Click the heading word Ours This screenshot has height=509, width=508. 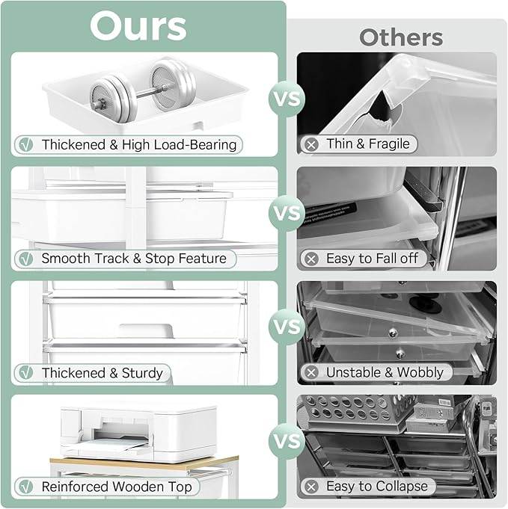pyautogui.click(x=138, y=26)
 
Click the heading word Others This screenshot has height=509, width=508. pyautogui.click(x=401, y=37)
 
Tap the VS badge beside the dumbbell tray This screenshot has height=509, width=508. pyautogui.click(x=287, y=99)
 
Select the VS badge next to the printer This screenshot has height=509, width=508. pyautogui.click(x=287, y=441)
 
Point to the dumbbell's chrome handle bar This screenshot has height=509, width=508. pyautogui.click(x=143, y=88)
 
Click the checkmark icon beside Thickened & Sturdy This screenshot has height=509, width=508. pyautogui.click(x=26, y=372)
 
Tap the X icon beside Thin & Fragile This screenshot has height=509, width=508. pyautogui.click(x=310, y=144)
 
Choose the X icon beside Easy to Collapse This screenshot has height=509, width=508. pyautogui.click(x=310, y=487)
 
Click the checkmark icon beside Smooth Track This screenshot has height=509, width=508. pyautogui.click(x=26, y=259)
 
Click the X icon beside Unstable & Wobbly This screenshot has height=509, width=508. pyautogui.click(x=310, y=372)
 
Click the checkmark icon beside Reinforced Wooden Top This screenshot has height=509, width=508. pyautogui.click(x=26, y=487)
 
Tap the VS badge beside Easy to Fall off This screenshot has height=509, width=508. pyautogui.click(x=287, y=213)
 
